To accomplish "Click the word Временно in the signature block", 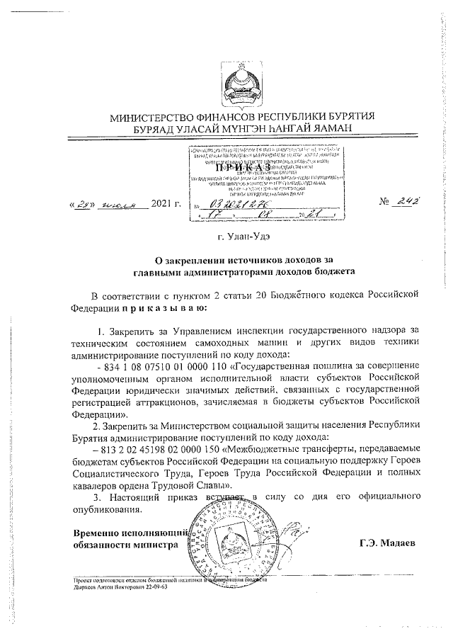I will pos(96,533).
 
